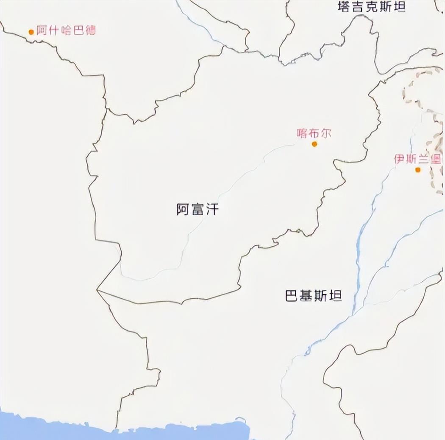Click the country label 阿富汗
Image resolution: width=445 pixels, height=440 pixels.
197,209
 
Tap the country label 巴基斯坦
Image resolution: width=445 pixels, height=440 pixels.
313,296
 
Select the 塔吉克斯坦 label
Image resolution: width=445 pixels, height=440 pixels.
371,6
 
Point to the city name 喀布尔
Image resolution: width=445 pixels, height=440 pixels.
314,133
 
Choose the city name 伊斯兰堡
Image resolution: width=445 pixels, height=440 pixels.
417,159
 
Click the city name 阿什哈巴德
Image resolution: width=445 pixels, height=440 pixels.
66,31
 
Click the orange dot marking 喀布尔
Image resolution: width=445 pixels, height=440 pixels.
314,144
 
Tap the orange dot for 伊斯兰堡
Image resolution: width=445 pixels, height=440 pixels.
418,170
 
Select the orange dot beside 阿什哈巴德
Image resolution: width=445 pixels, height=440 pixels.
31,32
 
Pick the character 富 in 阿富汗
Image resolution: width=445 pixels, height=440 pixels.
197,209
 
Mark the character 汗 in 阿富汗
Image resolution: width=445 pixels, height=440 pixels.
212,209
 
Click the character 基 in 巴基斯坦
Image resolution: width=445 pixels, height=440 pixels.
306,296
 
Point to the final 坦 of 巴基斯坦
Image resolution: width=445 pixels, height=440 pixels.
335,296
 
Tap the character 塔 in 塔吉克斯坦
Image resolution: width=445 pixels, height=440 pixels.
344,6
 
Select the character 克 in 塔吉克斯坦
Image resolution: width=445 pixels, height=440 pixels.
371,6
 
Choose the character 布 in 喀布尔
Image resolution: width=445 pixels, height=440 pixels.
314,133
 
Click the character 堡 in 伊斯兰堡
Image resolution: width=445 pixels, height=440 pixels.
435,159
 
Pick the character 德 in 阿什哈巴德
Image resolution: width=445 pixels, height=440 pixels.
90,31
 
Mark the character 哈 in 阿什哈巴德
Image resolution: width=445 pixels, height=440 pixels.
66,31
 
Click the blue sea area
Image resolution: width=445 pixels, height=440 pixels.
127,431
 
